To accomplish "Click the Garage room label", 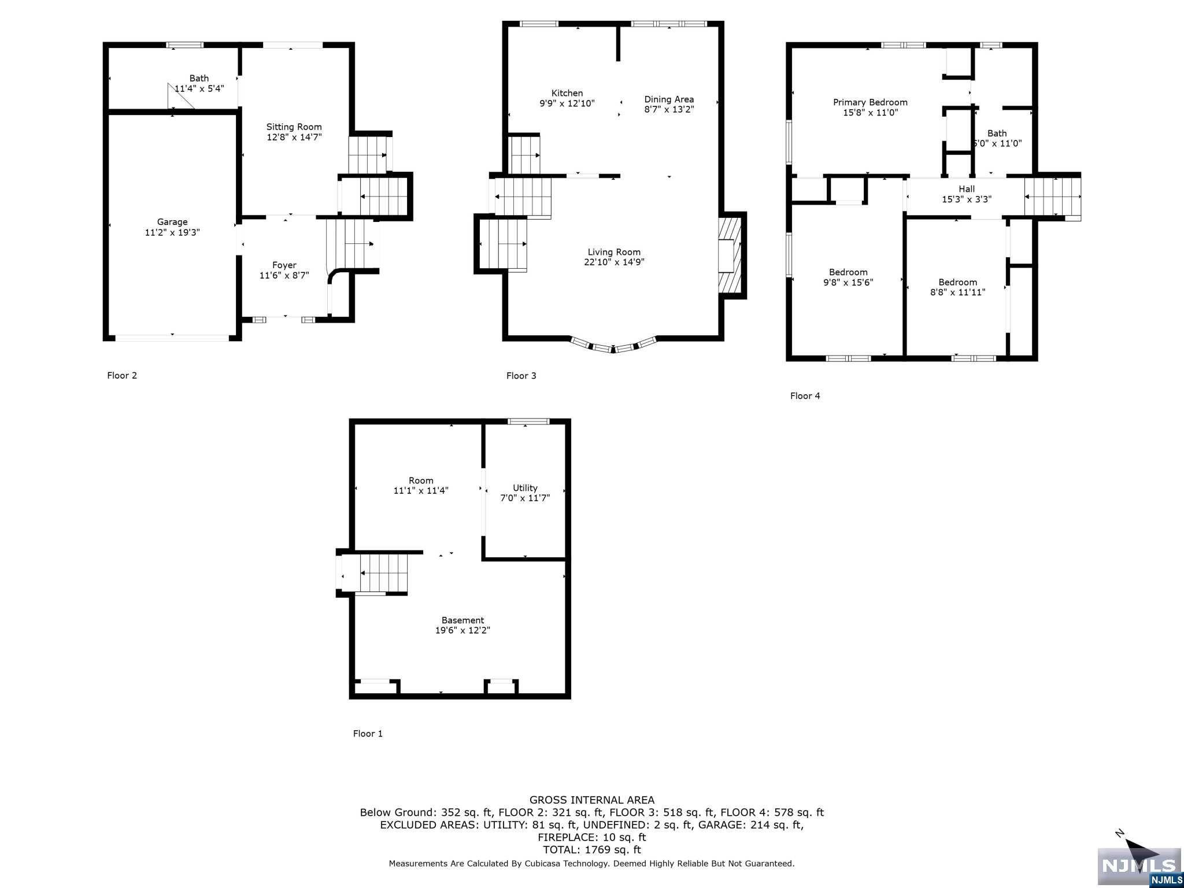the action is (172, 222).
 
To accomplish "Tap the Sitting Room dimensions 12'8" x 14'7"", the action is (294, 137).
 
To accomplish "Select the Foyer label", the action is (284, 265).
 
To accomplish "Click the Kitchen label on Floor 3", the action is (567, 93).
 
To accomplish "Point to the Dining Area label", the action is (669, 99).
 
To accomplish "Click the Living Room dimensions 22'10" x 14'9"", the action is (614, 262).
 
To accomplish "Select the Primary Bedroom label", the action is (870, 102).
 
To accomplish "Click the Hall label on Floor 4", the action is (967, 189).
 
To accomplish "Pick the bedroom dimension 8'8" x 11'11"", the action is (957, 293).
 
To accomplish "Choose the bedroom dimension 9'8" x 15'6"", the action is (848, 283).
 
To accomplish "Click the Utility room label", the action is (525, 488).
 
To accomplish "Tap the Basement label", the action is (462, 620).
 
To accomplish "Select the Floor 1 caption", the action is (368, 734).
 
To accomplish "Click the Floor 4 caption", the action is (805, 396).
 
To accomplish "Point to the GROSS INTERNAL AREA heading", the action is (592, 800).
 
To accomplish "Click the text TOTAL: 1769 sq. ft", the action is (592, 850).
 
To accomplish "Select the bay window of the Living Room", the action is (613, 346).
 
